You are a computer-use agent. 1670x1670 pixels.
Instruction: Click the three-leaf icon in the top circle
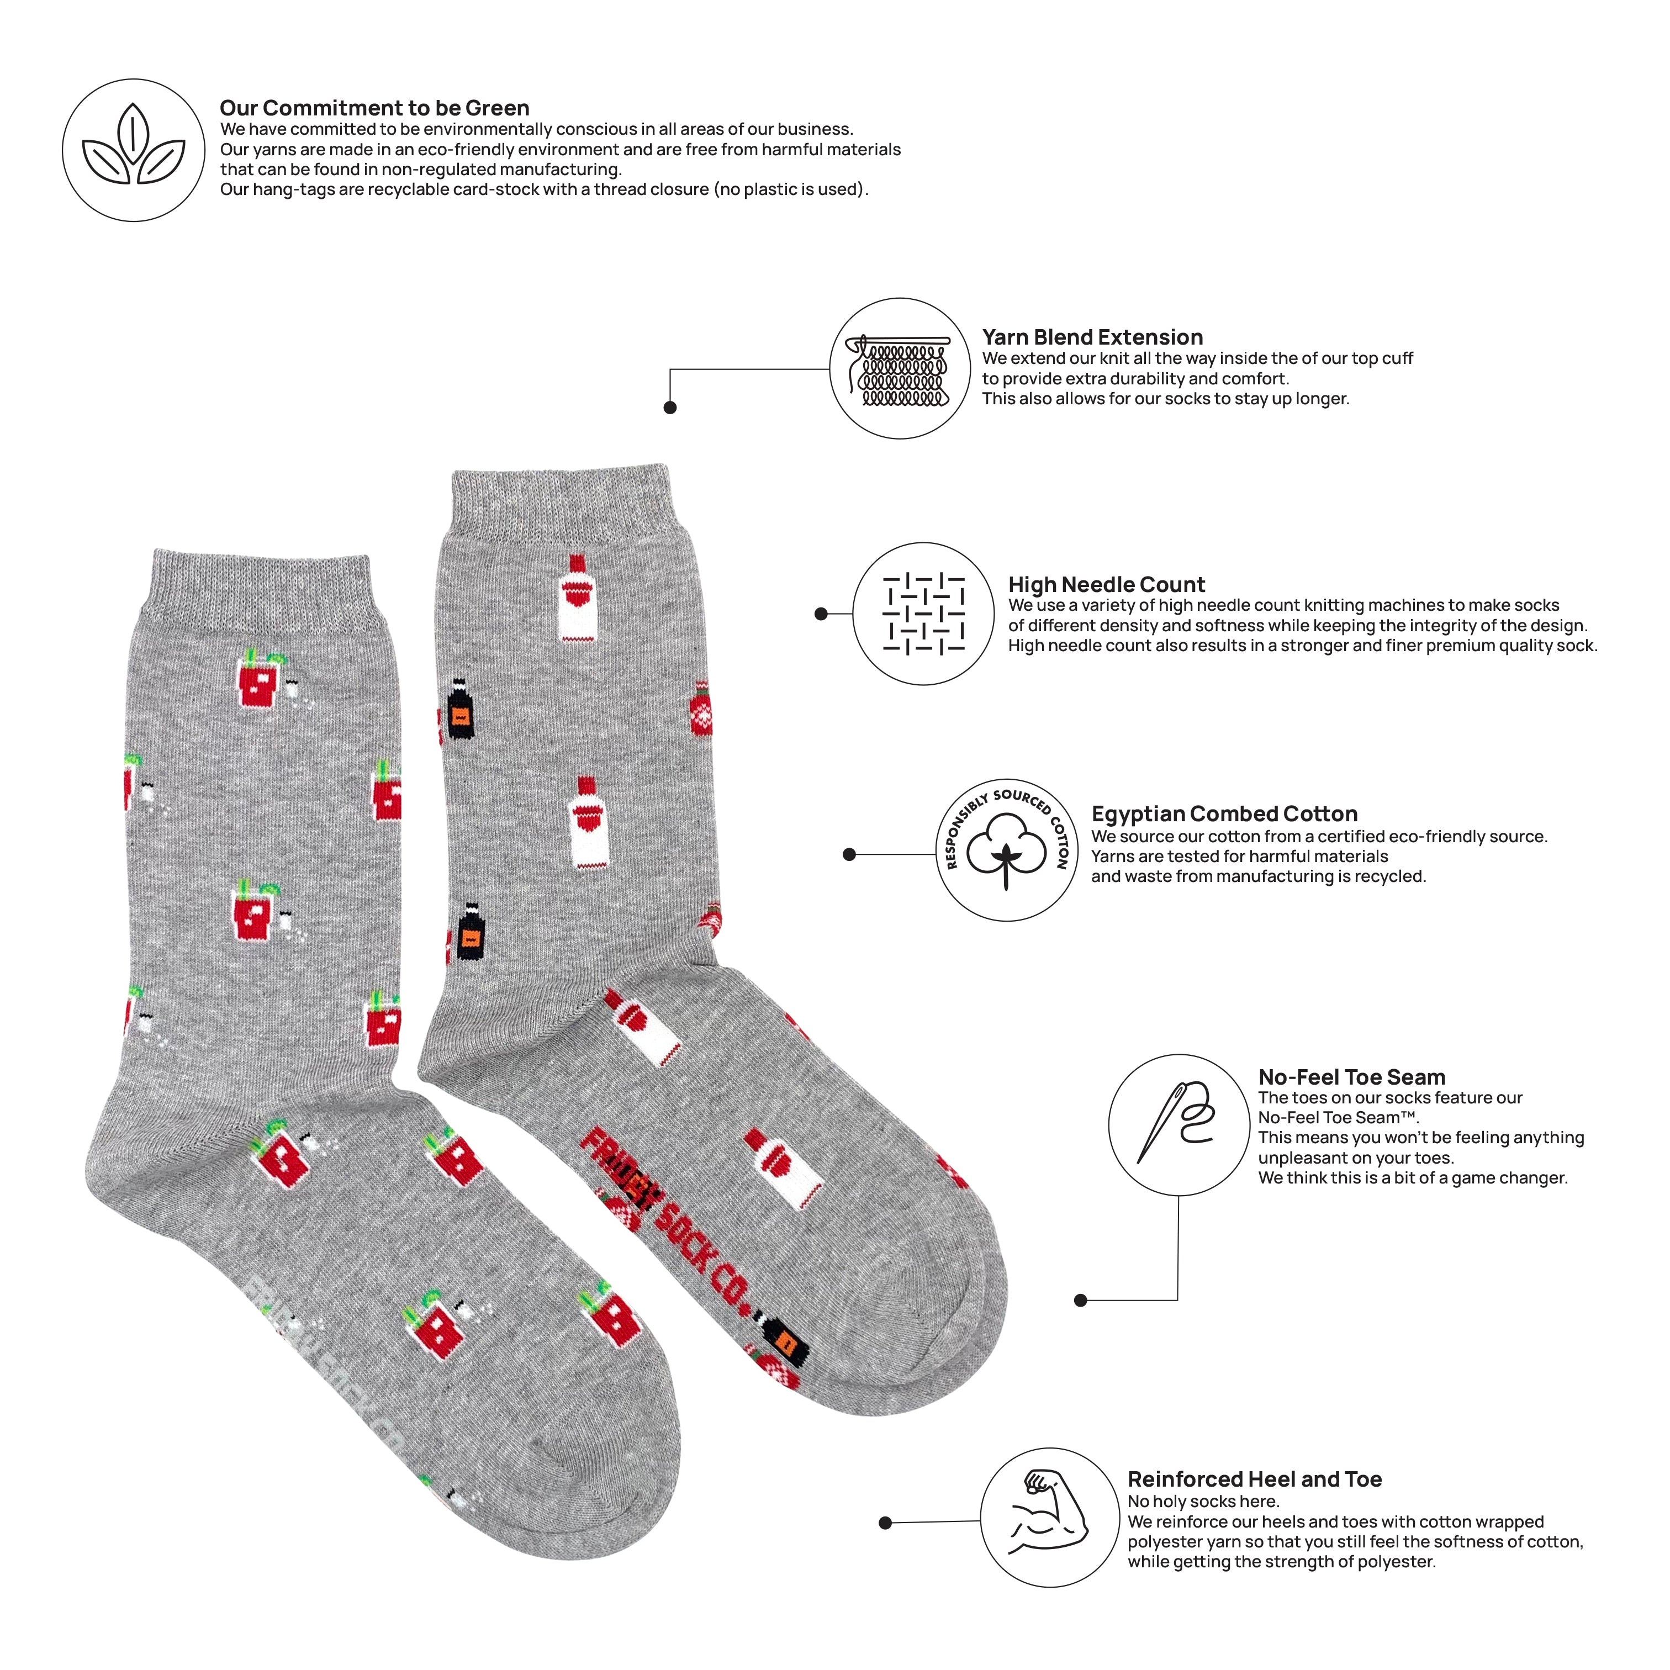pos(133,144)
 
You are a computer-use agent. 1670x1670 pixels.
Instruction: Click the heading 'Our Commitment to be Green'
pos(374,108)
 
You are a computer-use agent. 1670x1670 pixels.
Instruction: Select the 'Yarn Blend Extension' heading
pos(1092,337)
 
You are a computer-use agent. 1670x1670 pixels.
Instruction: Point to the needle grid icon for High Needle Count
pos(923,614)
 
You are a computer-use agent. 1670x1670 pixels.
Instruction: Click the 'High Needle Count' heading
pos(1106,584)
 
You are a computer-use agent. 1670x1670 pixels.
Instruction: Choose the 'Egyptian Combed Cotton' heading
pos(1224,814)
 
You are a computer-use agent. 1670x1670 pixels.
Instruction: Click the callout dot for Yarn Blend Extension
pos(670,407)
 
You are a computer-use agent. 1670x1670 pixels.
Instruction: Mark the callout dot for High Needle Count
pos(821,614)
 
